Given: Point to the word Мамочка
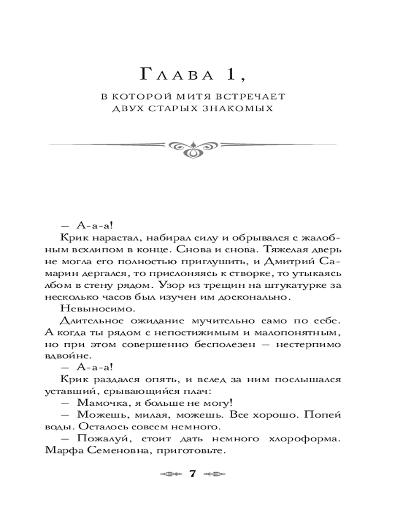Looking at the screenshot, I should point(97,402).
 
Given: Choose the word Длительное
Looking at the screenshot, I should point(85,321).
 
